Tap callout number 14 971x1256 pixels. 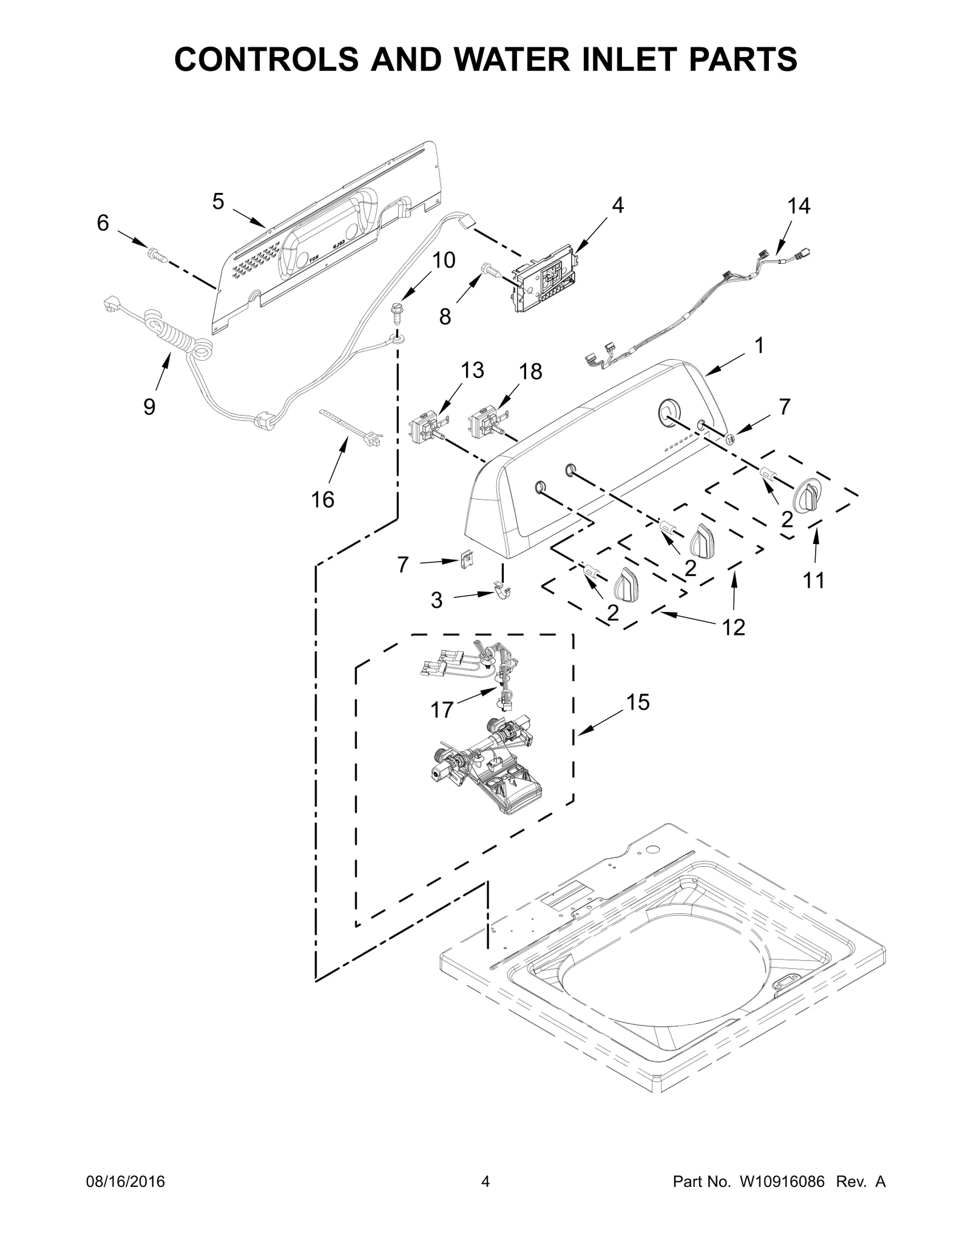(x=799, y=207)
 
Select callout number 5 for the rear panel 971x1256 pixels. (x=218, y=201)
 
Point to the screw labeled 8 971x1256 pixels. (x=491, y=270)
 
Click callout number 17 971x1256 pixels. (x=442, y=710)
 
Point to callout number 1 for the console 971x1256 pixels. (x=758, y=346)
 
